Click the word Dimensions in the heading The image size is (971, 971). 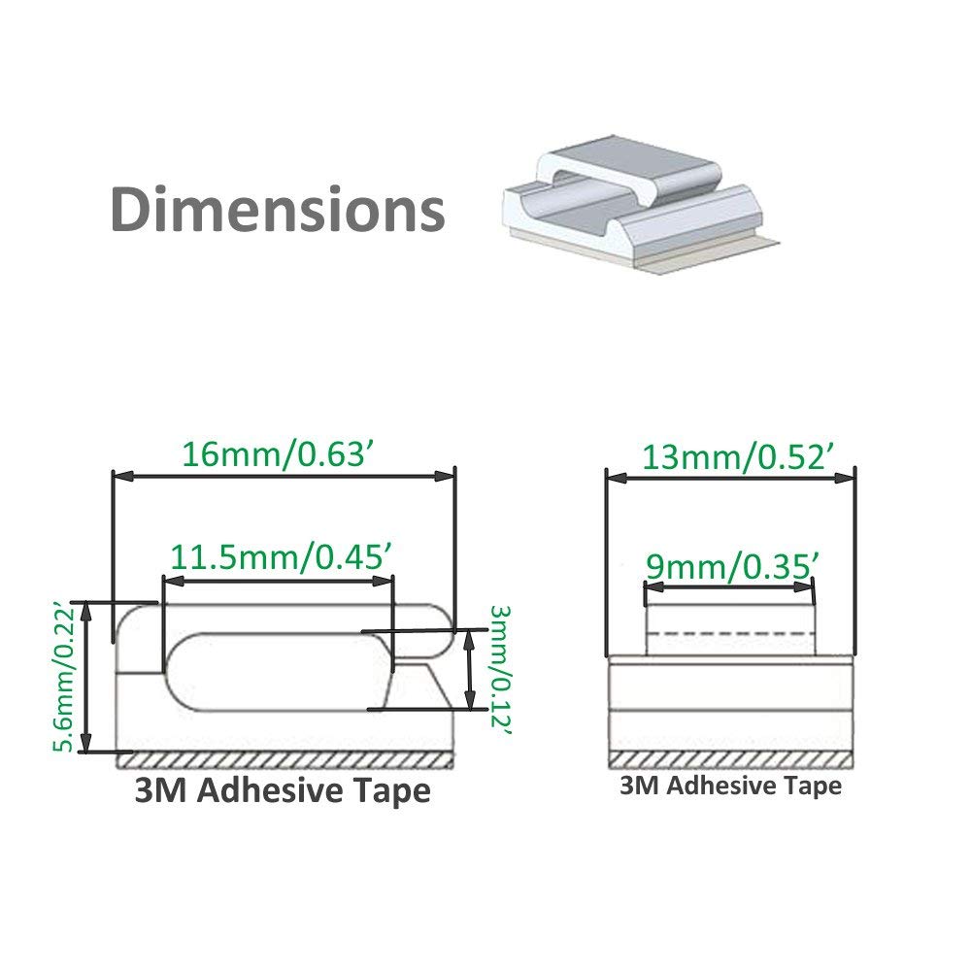click(x=278, y=209)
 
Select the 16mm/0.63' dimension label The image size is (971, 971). click(x=279, y=452)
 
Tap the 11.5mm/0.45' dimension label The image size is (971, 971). click(x=282, y=558)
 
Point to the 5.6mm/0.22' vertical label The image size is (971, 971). click(x=66, y=677)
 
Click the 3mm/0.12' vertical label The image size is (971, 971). click(x=499, y=671)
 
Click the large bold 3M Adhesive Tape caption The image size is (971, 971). click(x=282, y=790)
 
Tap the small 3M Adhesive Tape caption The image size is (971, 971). click(x=730, y=786)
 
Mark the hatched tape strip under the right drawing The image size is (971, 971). click(x=730, y=757)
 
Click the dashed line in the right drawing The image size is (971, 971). click(x=729, y=632)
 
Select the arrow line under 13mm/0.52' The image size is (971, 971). click(x=730, y=476)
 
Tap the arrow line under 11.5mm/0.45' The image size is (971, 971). click(x=278, y=582)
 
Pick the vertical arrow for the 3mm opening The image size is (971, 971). click(x=470, y=670)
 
